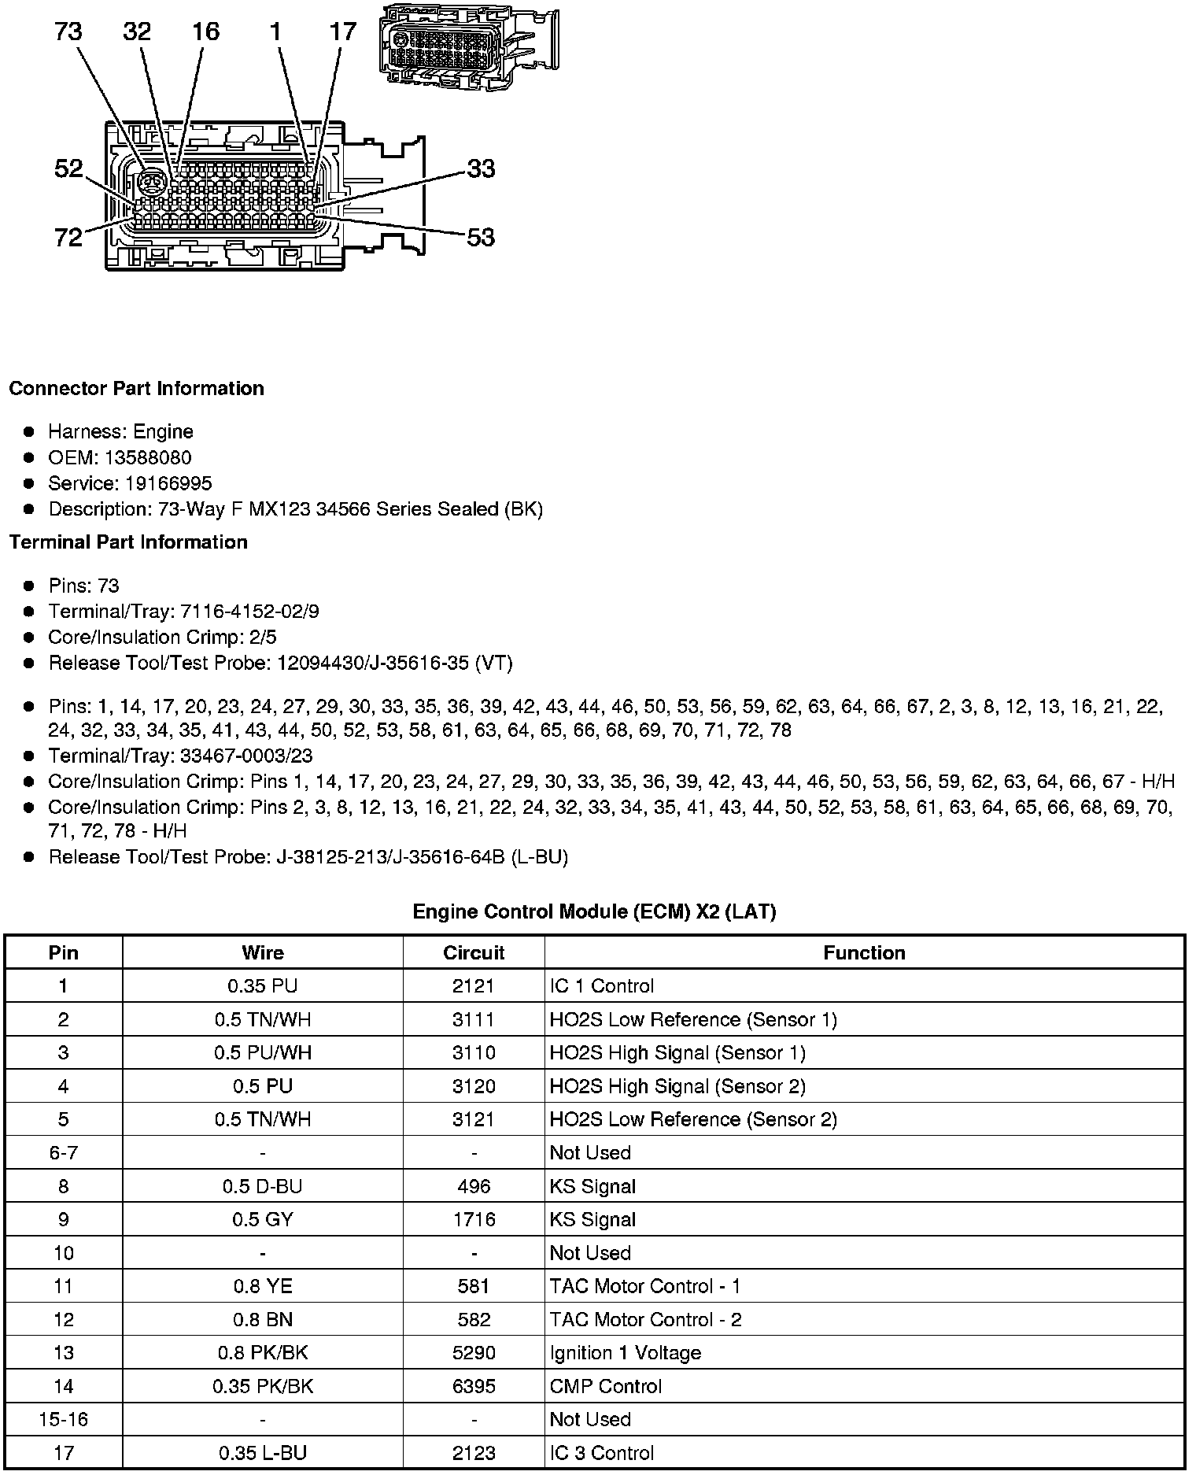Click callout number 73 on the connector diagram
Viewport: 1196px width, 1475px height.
click(68, 32)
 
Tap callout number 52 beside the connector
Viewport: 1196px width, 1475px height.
click(68, 168)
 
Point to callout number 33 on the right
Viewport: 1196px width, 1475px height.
click(481, 168)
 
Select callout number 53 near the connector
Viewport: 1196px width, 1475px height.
click(481, 237)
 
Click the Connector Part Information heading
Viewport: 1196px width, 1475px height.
click(136, 389)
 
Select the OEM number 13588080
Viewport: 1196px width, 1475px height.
click(147, 457)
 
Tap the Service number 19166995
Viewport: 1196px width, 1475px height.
click(168, 483)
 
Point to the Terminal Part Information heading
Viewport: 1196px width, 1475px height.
click(128, 542)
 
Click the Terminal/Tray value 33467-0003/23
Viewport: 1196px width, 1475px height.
click(246, 756)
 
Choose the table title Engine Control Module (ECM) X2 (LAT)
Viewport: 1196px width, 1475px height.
click(594, 911)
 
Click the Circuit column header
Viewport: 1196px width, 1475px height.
click(474, 952)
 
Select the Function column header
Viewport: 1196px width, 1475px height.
click(864, 952)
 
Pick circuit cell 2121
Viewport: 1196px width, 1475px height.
click(474, 986)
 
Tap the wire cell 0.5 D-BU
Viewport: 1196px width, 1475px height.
click(262, 1186)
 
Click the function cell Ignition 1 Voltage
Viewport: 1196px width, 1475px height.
click(625, 1353)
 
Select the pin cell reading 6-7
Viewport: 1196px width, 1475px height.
click(64, 1153)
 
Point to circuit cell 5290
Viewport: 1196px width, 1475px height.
click(474, 1353)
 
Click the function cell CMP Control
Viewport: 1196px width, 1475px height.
click(605, 1386)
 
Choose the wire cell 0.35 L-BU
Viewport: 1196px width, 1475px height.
click(262, 1453)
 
